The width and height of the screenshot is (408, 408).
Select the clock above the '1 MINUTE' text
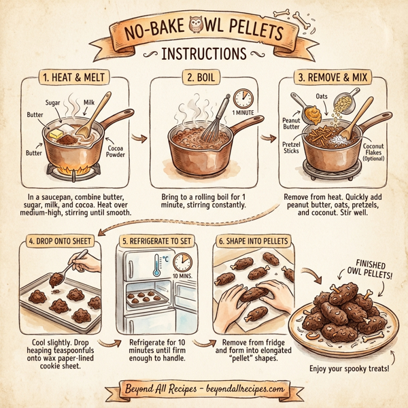pyautogui.click(x=242, y=99)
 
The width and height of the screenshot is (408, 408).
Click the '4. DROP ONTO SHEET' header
pyautogui.click(x=60, y=241)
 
